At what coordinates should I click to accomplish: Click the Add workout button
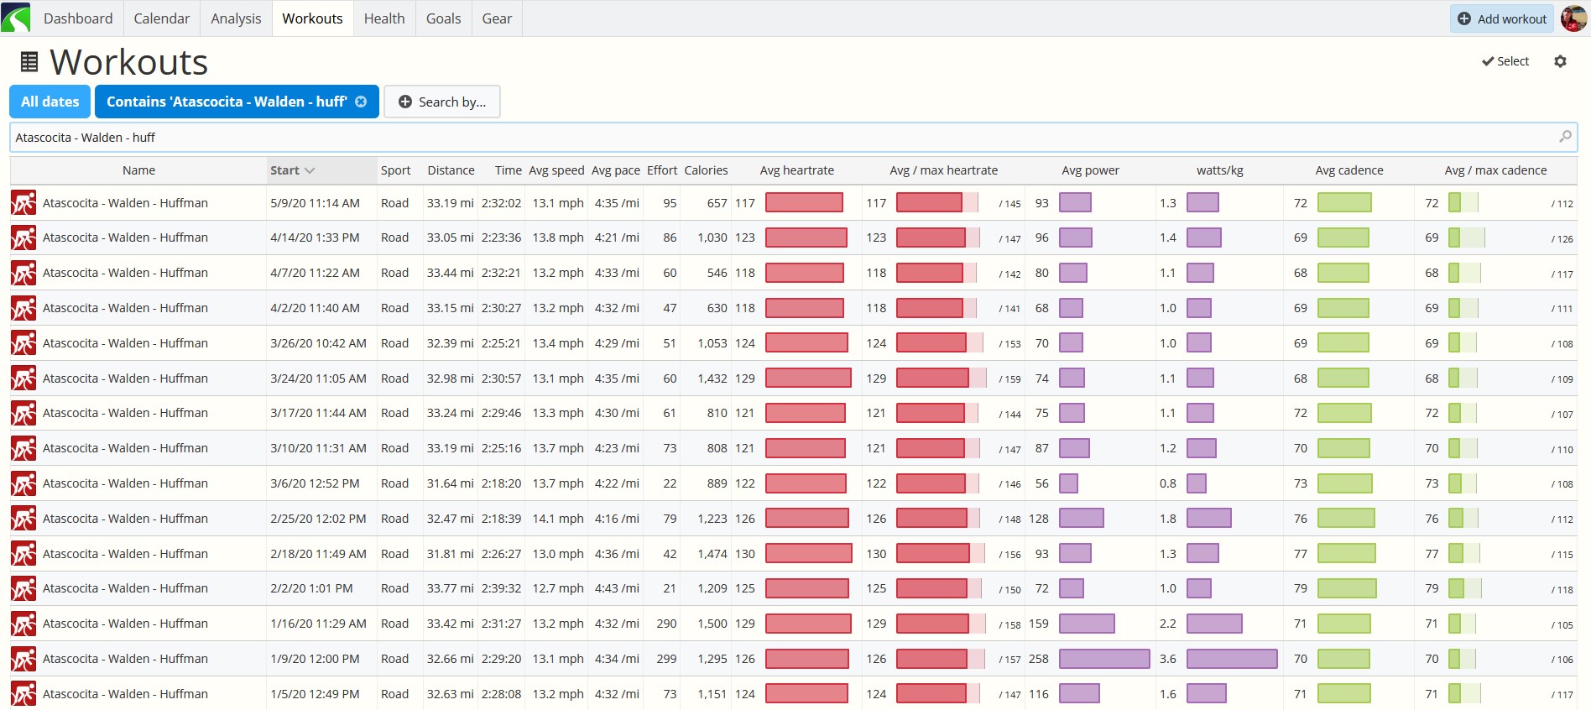tap(1501, 18)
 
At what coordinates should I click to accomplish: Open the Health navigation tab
tap(384, 18)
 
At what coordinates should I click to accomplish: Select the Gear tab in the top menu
tap(497, 18)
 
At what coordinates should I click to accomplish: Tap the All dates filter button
tap(50, 102)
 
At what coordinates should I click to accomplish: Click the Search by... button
tap(442, 102)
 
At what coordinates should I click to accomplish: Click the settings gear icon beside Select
tap(1560, 61)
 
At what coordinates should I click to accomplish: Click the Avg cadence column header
tap(1349, 170)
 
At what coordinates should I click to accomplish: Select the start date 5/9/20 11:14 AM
tap(315, 203)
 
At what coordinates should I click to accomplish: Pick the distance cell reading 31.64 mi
tap(451, 483)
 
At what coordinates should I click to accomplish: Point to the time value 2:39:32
tap(501, 588)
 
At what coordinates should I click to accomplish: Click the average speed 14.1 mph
tap(558, 519)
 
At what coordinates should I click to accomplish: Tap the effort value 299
tap(666, 659)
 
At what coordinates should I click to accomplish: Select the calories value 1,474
tap(712, 554)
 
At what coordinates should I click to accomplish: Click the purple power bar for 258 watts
tap(1104, 659)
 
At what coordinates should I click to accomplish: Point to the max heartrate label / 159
tap(1009, 379)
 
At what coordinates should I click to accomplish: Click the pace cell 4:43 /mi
tap(617, 588)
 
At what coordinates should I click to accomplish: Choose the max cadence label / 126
tap(1562, 239)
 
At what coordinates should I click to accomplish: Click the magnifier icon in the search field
tap(1565, 137)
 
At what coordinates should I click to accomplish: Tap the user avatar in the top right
tap(1573, 18)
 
